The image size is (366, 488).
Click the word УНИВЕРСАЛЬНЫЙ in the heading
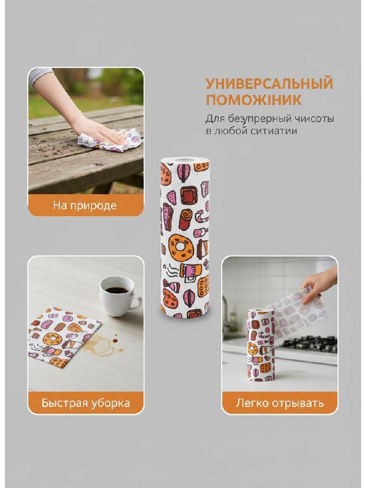click(269, 83)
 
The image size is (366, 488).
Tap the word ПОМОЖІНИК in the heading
click(254, 100)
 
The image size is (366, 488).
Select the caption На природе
click(84, 205)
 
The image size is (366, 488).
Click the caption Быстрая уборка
click(85, 403)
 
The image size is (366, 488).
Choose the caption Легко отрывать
click(280, 403)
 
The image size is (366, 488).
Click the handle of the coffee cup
click(137, 301)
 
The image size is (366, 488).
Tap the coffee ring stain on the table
click(102, 345)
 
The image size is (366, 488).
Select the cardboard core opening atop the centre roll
click(185, 161)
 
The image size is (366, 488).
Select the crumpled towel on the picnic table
click(109, 140)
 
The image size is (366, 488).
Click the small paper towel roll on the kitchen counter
click(261, 345)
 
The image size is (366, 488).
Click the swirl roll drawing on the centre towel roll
click(185, 220)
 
